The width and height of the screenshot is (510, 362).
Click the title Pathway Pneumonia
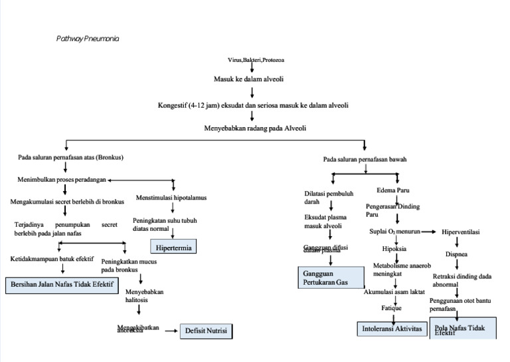pyautogui.click(x=88, y=39)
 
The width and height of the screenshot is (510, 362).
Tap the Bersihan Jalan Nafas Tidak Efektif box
pyautogui.click(x=62, y=285)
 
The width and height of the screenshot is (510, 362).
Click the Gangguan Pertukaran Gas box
pyautogui.click(x=330, y=277)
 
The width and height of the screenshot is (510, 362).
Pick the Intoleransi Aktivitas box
pyautogui.click(x=392, y=329)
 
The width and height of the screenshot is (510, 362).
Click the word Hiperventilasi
pyautogui.click(x=461, y=232)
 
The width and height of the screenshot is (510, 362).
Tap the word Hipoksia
pyautogui.click(x=394, y=249)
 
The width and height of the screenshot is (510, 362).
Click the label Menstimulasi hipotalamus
pyautogui.click(x=171, y=198)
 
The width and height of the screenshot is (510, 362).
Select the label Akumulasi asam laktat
pyautogui.click(x=394, y=291)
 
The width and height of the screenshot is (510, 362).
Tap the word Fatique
pyautogui.click(x=392, y=308)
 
